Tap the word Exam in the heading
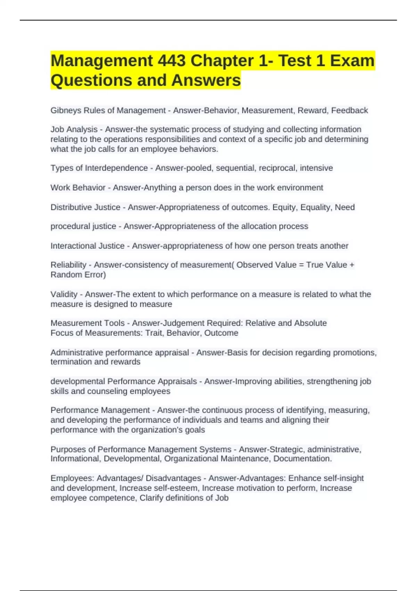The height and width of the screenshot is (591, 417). tap(352, 61)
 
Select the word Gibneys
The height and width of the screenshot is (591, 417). tap(64, 111)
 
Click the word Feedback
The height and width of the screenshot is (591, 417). tap(349, 111)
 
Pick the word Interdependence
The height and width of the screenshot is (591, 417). tap(116, 168)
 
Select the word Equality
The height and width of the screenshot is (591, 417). tap(316, 207)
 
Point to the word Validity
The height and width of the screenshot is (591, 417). tap(64, 294)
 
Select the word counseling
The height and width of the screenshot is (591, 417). tap(107, 391)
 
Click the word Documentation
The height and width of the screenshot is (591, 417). tap(302, 459)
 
